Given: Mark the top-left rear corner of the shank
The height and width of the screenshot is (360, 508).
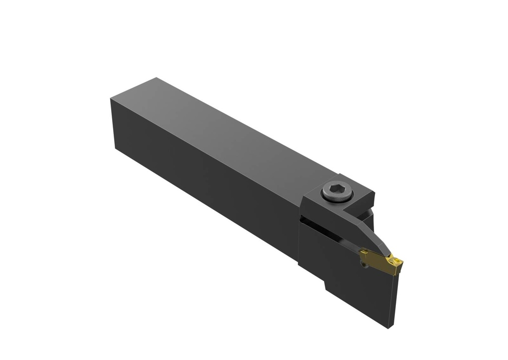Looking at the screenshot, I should tap(111, 99).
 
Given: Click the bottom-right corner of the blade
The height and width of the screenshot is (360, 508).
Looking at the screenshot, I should tap(390, 327).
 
